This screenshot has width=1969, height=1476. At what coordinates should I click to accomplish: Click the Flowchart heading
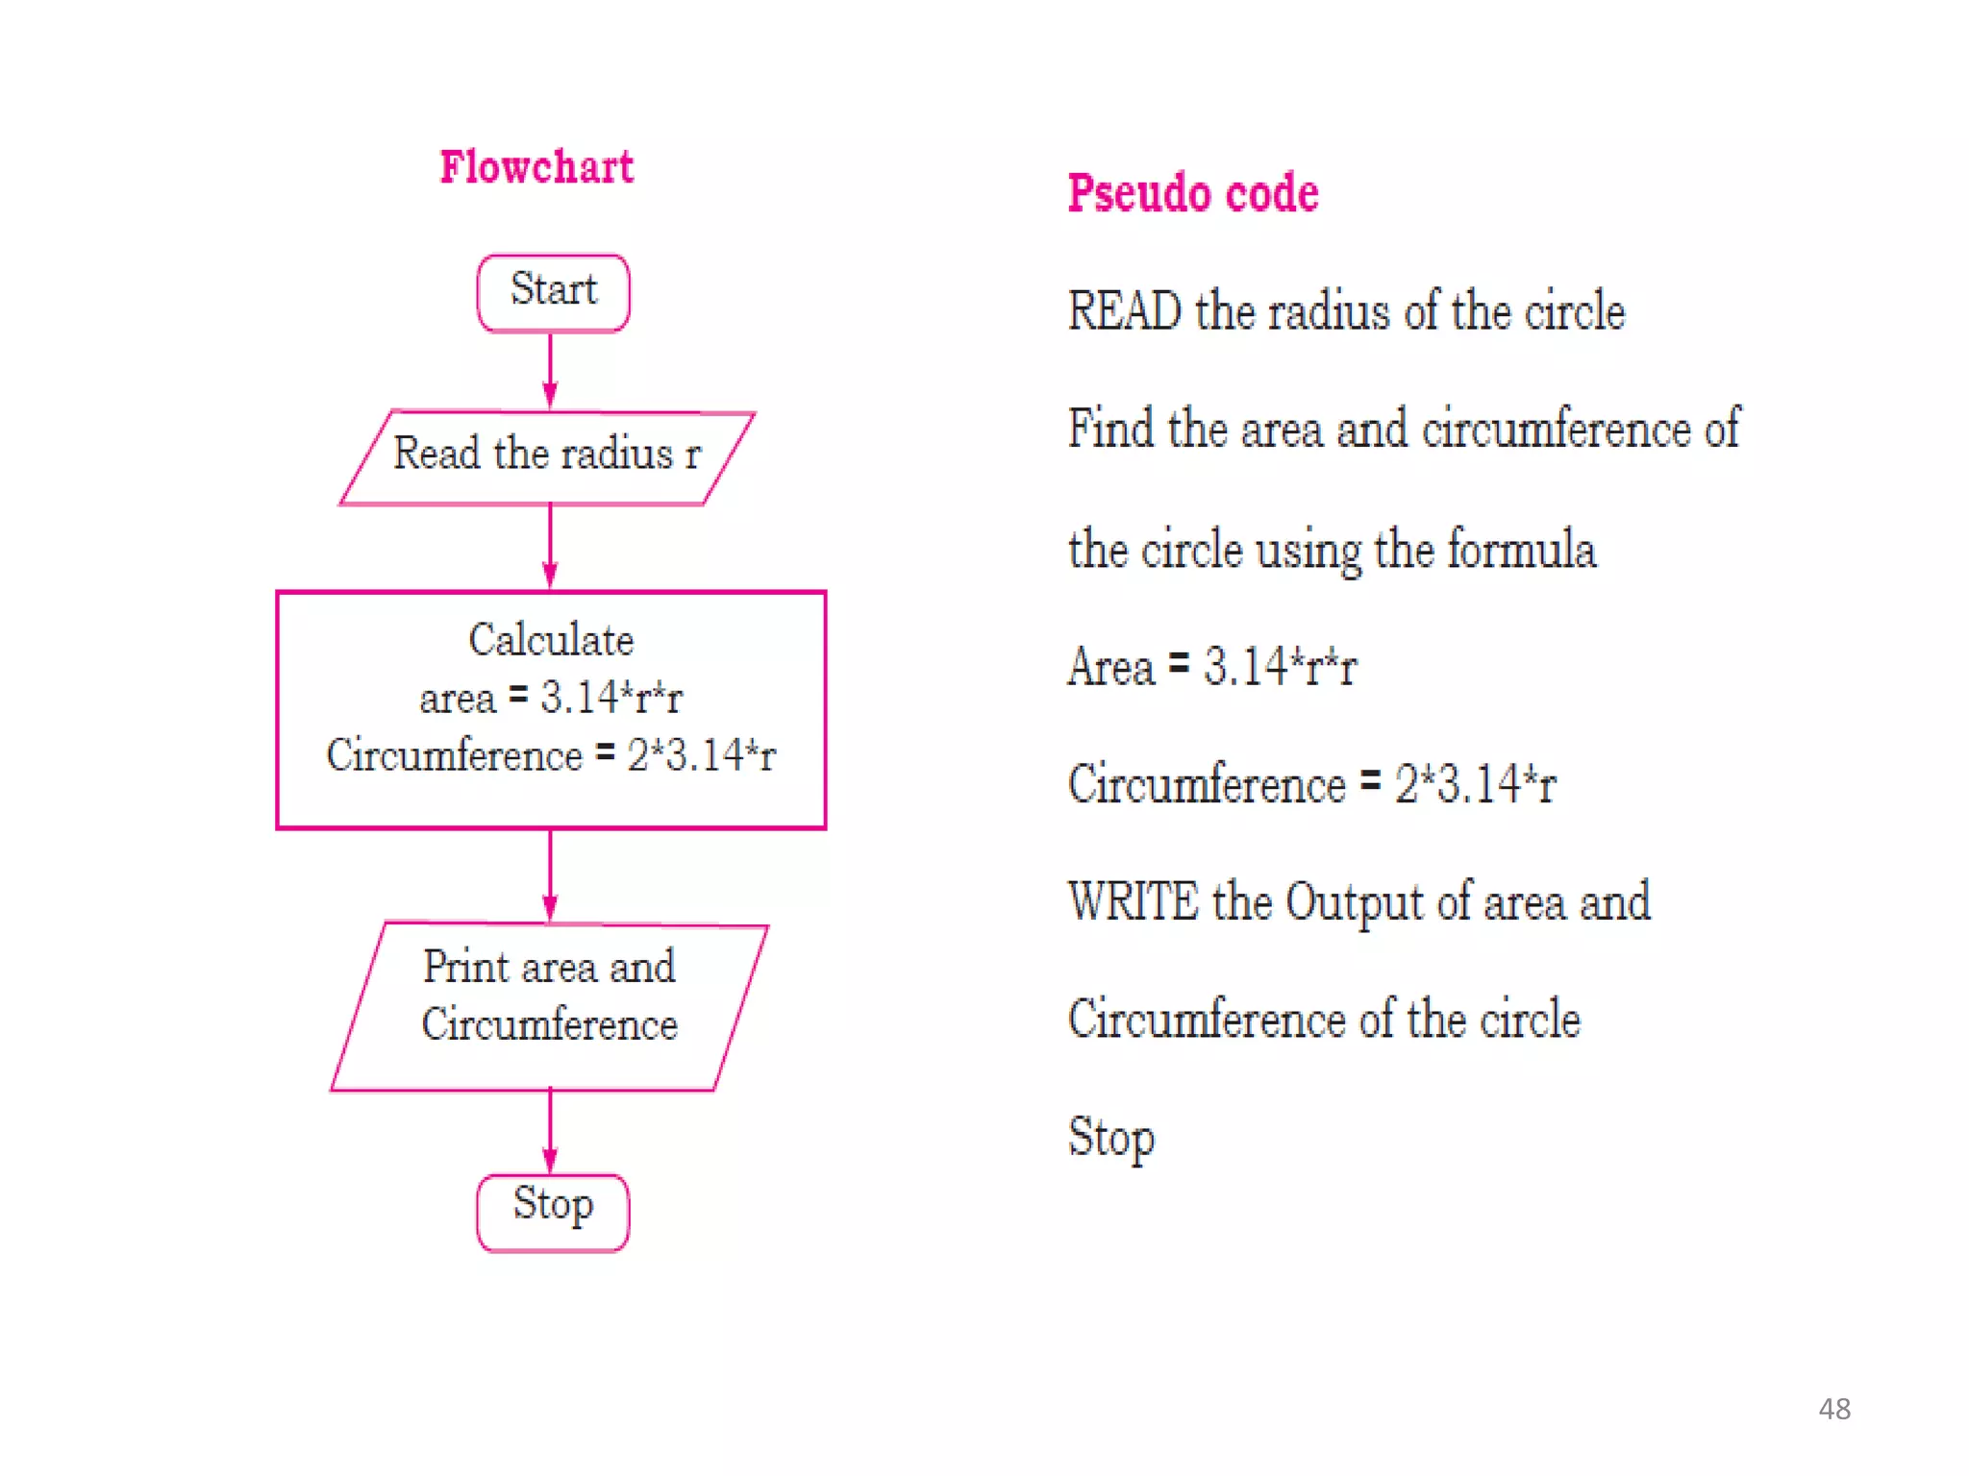[536, 167]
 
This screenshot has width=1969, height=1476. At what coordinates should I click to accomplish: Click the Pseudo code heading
[1193, 193]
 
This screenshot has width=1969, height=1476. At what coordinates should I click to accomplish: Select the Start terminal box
[553, 292]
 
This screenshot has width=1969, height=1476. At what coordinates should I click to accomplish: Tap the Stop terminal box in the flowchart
[553, 1211]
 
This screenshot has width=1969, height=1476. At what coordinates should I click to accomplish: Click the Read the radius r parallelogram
[547, 456]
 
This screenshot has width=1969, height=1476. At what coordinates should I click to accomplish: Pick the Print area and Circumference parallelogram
[549, 1006]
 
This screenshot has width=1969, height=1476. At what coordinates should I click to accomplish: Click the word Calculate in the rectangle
[551, 640]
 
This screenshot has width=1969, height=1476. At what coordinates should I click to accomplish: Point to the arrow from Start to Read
[550, 370]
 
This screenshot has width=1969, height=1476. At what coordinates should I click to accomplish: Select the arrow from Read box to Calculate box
[550, 546]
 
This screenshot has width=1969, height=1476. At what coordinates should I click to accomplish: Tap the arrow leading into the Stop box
[550, 1131]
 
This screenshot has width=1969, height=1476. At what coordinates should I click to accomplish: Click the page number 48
[1833, 1409]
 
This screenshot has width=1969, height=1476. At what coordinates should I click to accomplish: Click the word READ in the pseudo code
[1124, 312]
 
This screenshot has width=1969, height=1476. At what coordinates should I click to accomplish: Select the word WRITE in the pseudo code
[1134, 902]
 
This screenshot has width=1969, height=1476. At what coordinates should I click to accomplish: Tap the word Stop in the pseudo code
[1111, 1138]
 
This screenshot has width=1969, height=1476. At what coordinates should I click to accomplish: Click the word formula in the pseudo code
[1521, 550]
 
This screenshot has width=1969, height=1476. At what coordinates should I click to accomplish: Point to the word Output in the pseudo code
[1355, 902]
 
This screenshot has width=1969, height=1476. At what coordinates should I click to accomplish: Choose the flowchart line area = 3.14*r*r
[551, 698]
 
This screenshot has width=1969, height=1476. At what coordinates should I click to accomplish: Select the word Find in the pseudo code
[1109, 429]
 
